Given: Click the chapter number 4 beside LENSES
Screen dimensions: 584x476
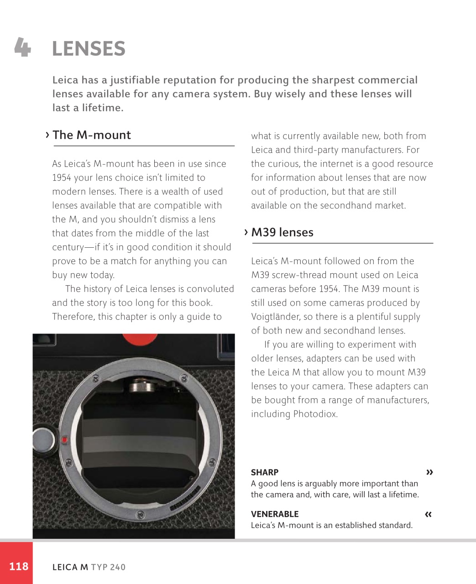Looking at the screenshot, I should [22, 47].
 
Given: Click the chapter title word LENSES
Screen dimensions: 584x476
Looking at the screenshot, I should [89, 49].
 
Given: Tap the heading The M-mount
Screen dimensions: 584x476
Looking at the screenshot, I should [91, 135].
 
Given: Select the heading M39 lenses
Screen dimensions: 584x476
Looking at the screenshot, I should [282, 232].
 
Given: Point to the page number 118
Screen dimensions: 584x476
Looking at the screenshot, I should [19, 566].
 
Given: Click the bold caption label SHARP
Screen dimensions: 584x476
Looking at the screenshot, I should [265, 472].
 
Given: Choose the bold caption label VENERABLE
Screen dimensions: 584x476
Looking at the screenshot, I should [275, 514].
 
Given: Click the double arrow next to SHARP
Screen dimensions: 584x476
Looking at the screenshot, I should [429, 472].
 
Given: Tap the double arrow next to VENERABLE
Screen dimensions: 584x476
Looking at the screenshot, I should [428, 514].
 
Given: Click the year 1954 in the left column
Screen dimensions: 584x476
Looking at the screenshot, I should [62, 177].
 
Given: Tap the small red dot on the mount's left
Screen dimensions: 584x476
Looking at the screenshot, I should [65, 440].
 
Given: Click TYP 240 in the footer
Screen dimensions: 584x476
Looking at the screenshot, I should [108, 567].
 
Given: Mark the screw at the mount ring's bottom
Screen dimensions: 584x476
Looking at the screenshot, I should [141, 515].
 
